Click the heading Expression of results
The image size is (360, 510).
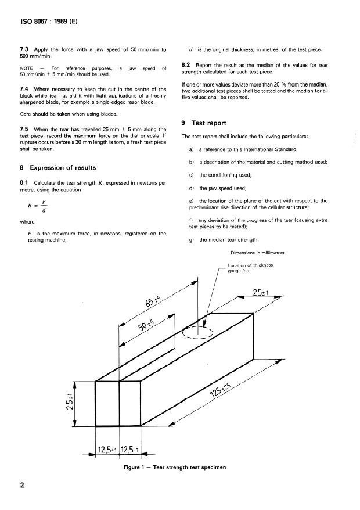click(62, 167)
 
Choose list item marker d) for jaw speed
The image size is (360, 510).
click(192, 188)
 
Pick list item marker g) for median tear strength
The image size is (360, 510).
click(192, 240)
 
